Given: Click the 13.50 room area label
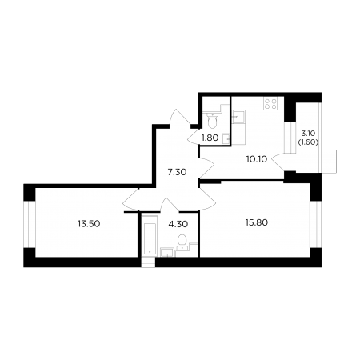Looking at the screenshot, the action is [89, 224].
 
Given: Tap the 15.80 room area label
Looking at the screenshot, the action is [257, 222].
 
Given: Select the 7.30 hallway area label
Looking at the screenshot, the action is [177, 172].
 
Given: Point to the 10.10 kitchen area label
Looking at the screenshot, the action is [257, 159].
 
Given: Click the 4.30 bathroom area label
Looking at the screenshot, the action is [178, 224].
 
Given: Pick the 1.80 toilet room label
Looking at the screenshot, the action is [210, 138].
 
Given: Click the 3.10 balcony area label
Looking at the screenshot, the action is [308, 133].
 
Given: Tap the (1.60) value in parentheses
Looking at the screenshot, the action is [308, 142].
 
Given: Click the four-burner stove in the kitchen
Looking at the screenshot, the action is [270, 103].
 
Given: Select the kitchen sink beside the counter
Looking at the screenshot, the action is [238, 118].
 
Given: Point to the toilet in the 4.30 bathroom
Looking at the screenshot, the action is [182, 241].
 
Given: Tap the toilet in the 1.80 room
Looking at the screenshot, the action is [213, 121].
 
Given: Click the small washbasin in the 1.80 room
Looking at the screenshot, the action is [226, 138].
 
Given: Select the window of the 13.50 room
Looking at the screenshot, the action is [30, 224].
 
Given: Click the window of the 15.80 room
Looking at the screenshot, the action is [315, 225].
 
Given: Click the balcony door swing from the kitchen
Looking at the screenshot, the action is [278, 162].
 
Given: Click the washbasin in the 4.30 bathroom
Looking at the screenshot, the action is [167, 252].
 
